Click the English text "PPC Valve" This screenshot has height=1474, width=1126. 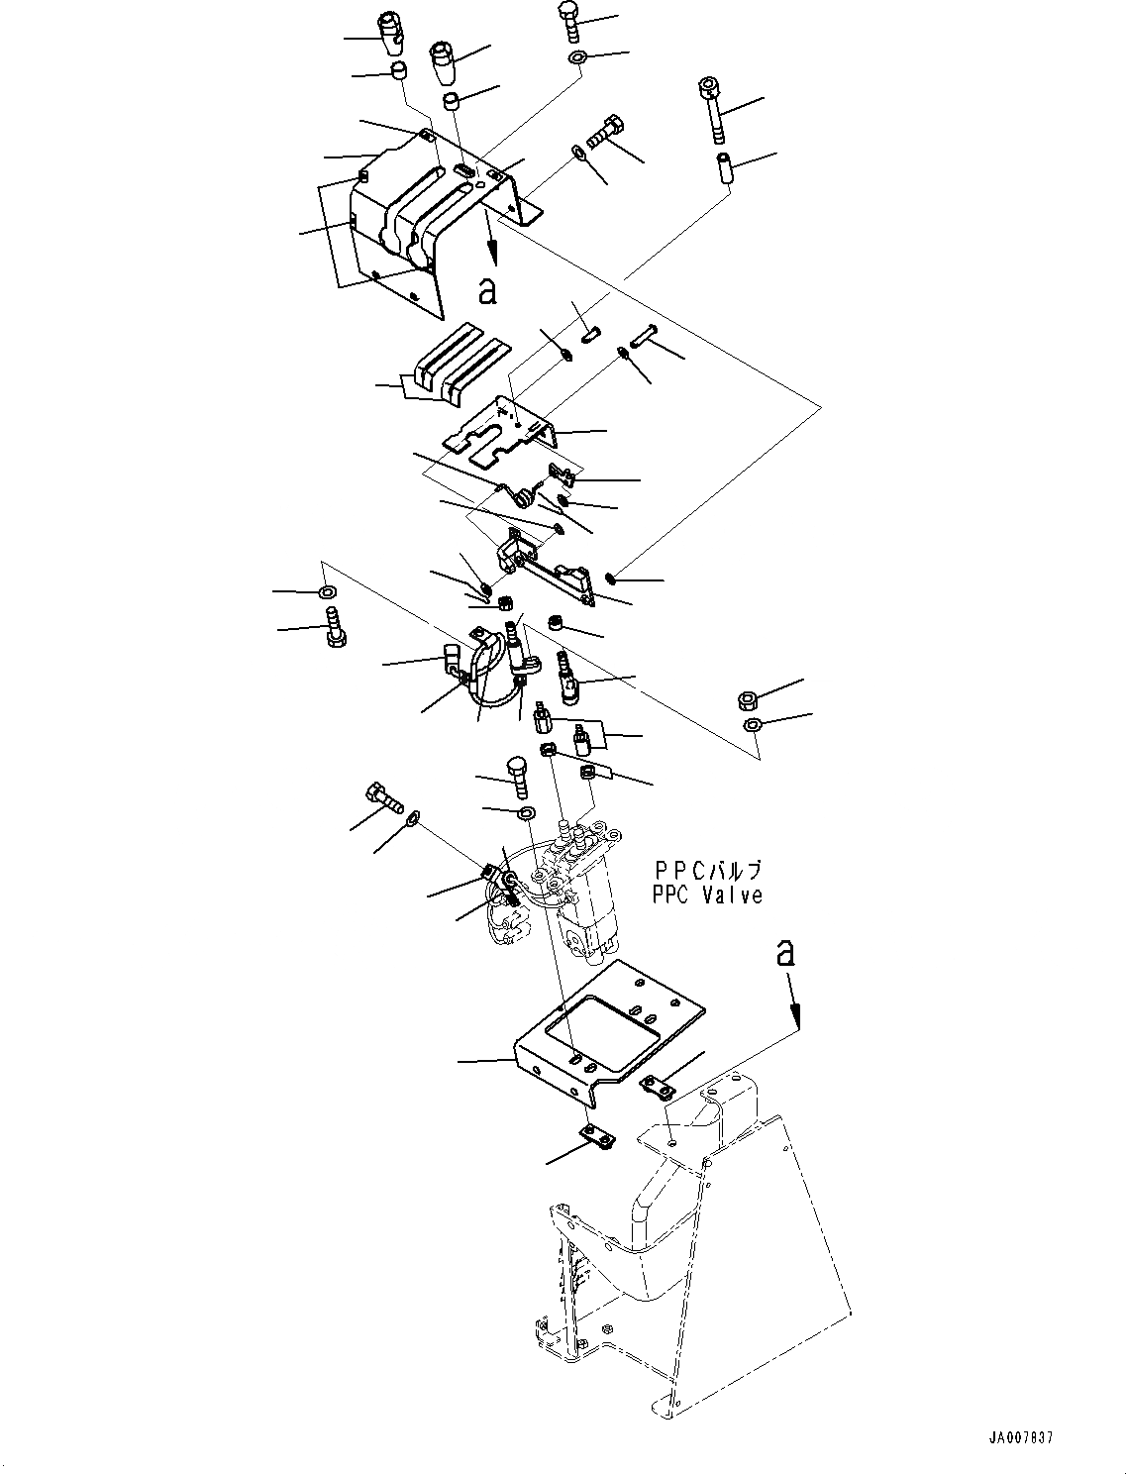coord(707,895)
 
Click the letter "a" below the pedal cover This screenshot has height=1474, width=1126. coord(486,290)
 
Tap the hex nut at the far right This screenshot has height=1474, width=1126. coord(749,701)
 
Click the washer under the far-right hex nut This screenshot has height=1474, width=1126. coord(752,726)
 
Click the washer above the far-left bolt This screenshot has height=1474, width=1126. coord(326,592)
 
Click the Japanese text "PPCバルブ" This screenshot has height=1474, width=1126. coord(707,871)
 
